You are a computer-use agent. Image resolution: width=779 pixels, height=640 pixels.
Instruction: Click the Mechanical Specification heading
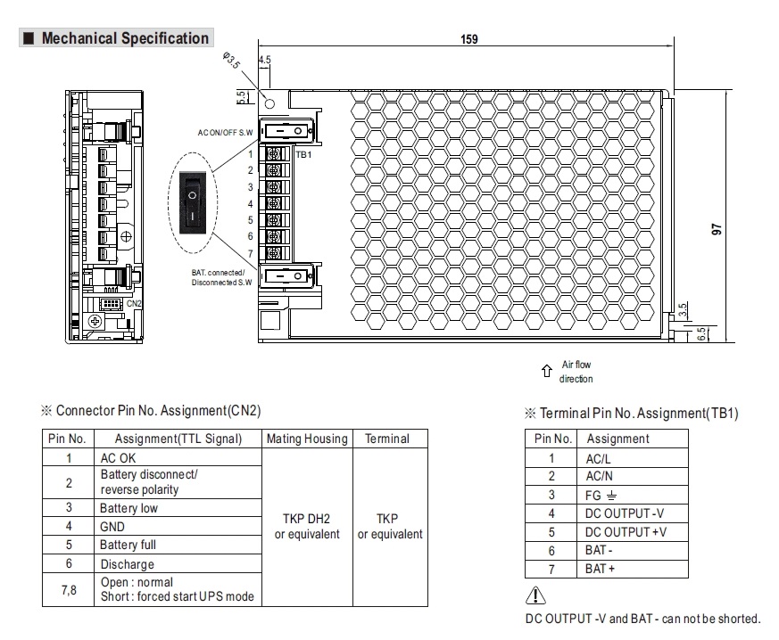tap(125, 38)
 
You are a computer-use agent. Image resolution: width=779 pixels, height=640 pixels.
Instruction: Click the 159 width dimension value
tap(468, 38)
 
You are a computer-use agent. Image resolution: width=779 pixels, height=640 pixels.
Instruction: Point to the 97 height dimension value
tap(716, 229)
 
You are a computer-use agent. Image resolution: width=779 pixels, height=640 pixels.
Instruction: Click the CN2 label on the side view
tap(134, 303)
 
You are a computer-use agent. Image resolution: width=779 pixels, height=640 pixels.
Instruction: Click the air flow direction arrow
tap(547, 371)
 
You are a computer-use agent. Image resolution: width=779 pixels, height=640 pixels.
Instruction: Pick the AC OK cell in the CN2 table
tap(118, 457)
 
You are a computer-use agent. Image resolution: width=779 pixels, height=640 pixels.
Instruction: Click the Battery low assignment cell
tap(129, 508)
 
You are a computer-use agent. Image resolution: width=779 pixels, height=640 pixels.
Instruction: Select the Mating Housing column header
tap(306, 439)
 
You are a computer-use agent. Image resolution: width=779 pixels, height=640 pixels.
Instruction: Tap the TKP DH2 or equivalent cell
tap(306, 526)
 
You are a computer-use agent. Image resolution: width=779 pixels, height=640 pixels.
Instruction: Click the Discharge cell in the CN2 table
tap(127, 564)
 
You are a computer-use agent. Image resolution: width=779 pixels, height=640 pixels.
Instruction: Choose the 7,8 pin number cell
tap(68, 589)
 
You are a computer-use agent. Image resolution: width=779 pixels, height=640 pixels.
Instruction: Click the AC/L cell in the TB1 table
tap(599, 459)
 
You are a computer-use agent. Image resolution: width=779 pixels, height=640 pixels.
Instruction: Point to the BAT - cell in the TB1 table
tap(599, 551)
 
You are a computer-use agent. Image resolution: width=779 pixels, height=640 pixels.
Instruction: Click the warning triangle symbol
tap(534, 598)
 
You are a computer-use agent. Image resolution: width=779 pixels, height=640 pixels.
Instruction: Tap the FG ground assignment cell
tap(601, 496)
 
